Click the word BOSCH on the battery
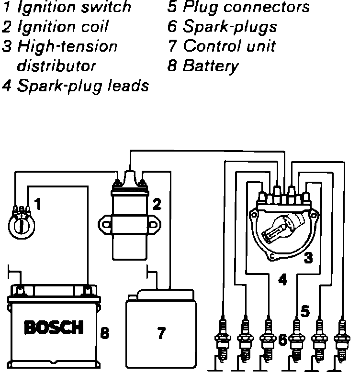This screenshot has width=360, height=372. point(53,328)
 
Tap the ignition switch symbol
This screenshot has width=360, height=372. point(20,222)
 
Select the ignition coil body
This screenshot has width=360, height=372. point(129,225)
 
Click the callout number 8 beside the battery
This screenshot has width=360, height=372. point(105,331)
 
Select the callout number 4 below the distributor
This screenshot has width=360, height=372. point(282,280)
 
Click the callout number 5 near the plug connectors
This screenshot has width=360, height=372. point(305,311)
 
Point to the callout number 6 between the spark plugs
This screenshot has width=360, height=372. point(282,340)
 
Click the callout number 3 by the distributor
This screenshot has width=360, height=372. point(308,259)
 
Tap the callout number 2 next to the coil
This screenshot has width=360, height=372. point(157,204)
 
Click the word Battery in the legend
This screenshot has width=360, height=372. point(210,66)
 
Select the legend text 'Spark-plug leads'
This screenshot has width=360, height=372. point(82,86)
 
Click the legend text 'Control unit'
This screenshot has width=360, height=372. point(229,46)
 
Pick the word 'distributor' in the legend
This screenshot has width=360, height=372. point(56,66)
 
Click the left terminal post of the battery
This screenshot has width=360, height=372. point(20,290)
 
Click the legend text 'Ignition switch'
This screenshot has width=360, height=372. point(74,7)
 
